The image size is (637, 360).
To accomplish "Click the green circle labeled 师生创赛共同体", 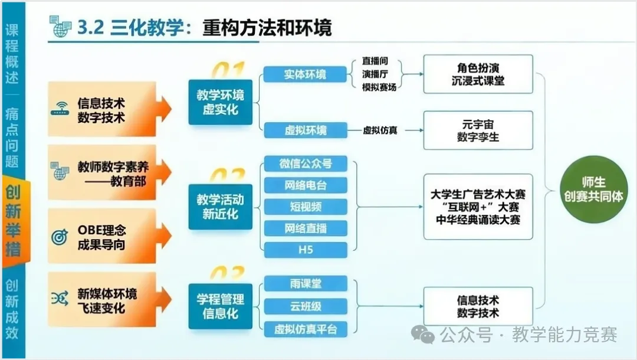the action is pos(593,188).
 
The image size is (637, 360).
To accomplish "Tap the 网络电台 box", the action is pos(306,185).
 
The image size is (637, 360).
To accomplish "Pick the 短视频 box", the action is pos(306,207).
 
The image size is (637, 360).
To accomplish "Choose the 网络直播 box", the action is pos(306,228).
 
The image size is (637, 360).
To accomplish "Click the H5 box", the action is pos(306,250).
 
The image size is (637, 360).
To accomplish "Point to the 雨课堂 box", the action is pos(306,284).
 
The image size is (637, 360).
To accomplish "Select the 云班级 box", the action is pos(306,306).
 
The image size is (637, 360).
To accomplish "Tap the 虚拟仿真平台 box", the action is pos(306,329).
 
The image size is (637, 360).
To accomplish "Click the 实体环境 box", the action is pos(305,74).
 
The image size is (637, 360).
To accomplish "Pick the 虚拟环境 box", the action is pos(305,130).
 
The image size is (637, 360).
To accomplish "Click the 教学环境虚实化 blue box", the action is pos(220,102).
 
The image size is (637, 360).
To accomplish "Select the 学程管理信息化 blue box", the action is pos(220,306).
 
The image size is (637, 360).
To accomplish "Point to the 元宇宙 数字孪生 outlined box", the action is pos(478,130).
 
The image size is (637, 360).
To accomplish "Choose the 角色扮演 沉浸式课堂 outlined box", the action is pos(478,74).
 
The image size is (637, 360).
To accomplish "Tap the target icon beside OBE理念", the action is pos(60,237).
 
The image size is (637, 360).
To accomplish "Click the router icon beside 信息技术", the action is pos(60,110).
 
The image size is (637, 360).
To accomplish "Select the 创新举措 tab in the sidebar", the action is pos(12,221).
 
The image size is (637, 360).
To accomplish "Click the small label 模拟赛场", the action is pos(379,87).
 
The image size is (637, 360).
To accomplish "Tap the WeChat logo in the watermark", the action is pos(423,335).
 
